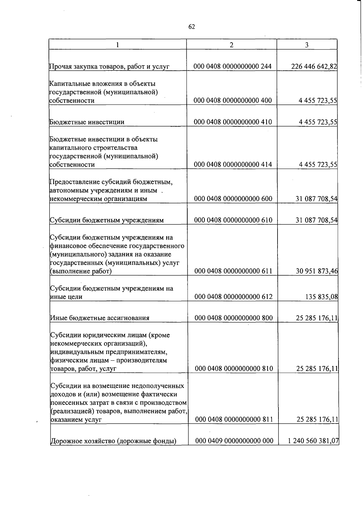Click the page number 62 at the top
(x=192, y=27)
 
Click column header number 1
(x=117, y=45)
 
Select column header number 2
(x=231, y=45)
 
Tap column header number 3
(x=306, y=45)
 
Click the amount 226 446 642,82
(x=314, y=66)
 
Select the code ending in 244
(x=233, y=66)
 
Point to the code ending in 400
(x=233, y=101)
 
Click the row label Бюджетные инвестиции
(x=87, y=122)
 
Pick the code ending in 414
(x=233, y=165)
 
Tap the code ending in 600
(x=233, y=199)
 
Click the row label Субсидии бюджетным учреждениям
(x=107, y=220)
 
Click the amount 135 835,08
(x=321, y=297)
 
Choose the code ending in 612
(x=233, y=297)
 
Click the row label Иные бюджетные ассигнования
(x=100, y=318)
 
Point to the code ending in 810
(x=234, y=369)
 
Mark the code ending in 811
(x=234, y=420)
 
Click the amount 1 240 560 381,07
(x=313, y=441)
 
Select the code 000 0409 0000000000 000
(x=234, y=441)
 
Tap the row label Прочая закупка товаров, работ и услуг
(x=109, y=66)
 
